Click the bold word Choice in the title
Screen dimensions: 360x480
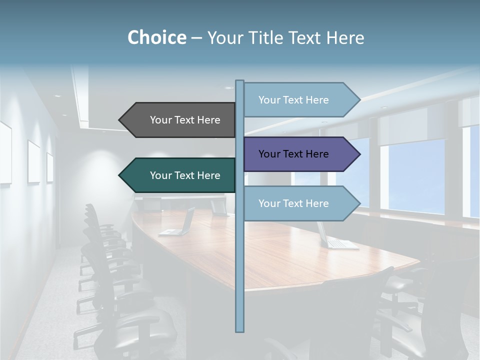156,37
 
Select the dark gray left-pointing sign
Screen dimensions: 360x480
180,120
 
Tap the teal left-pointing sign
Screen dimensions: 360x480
180,175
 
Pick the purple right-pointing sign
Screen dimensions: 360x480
300,154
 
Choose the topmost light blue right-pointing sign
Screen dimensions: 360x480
300,100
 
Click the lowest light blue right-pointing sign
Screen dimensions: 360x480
300,203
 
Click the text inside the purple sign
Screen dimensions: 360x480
293,154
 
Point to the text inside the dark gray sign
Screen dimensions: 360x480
185,120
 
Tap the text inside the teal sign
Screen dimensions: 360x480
185,175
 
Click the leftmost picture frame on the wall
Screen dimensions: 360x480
5,152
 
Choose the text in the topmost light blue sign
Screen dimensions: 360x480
293,100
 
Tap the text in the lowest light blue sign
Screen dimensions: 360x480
293,203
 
